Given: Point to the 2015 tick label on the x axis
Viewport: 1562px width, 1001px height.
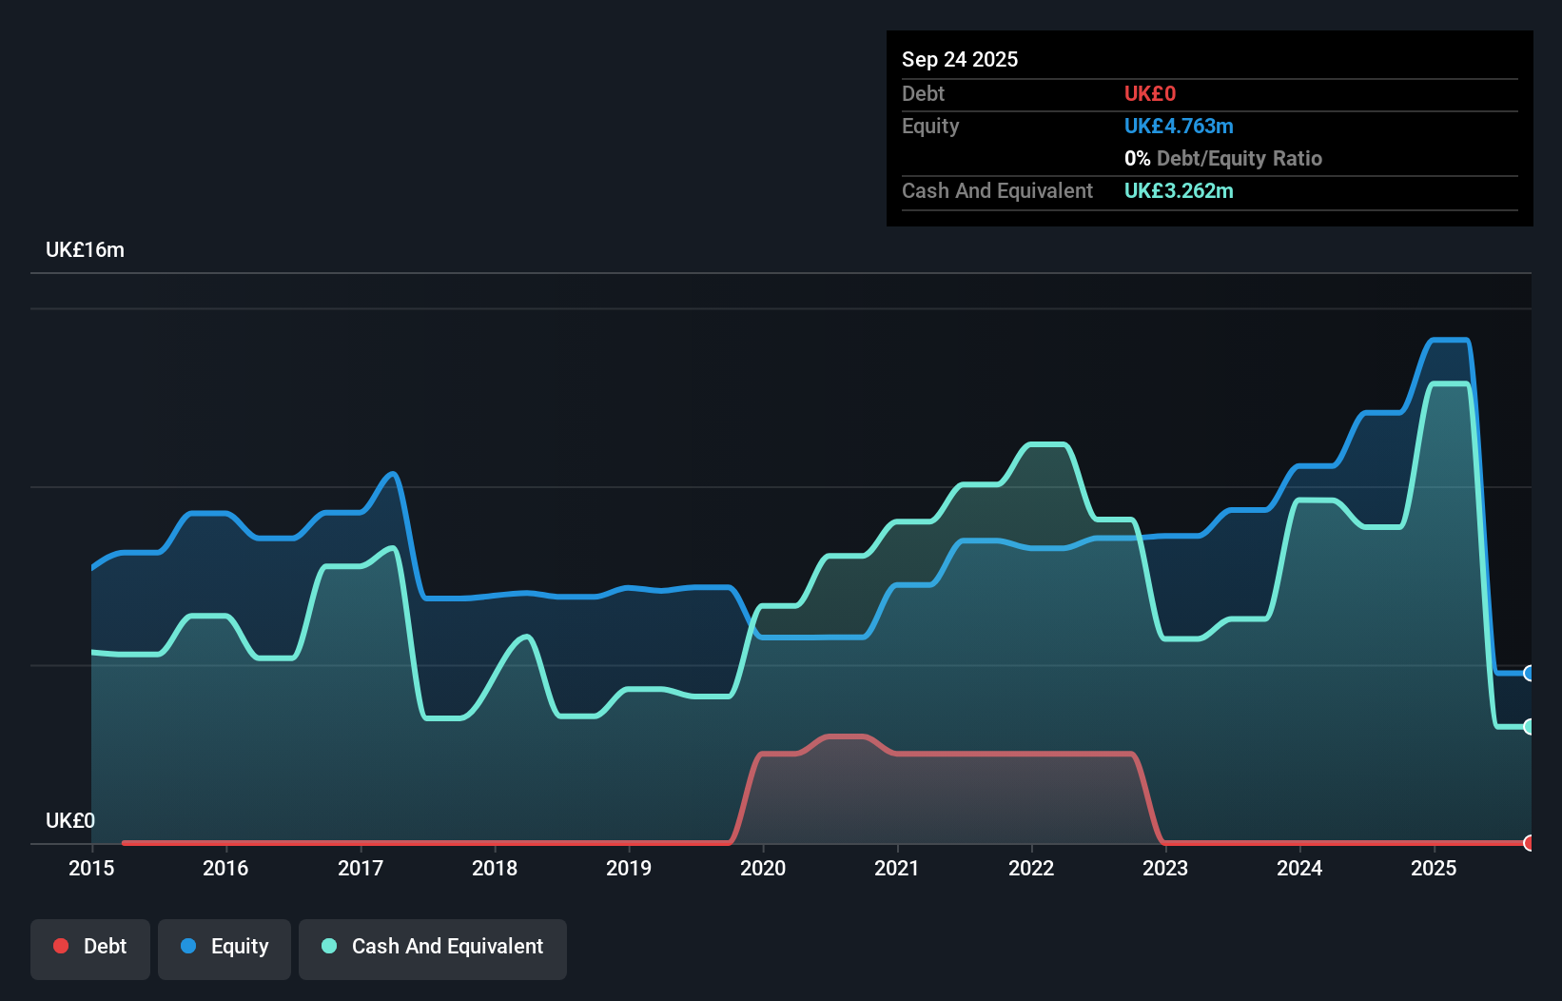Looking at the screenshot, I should coord(91,869).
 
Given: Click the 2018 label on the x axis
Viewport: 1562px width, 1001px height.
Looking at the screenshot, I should coord(495,869).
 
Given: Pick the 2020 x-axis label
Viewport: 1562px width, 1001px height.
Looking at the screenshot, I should coord(763,869).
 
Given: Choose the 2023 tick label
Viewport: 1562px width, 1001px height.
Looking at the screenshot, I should coord(1165,869).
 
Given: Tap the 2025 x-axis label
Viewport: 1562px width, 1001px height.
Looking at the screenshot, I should coord(1434,869).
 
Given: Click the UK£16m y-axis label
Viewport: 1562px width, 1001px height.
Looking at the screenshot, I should coord(85,250).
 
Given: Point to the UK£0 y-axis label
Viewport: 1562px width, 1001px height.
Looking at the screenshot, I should coord(70,821).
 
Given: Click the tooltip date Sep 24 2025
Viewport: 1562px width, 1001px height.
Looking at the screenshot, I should coord(960,60).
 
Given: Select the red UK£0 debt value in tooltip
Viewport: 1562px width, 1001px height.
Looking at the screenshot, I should coord(1150,94).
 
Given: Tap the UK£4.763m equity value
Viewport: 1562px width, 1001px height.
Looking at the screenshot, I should coord(1179,127).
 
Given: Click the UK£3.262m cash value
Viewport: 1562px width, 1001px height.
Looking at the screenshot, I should coord(1179,191).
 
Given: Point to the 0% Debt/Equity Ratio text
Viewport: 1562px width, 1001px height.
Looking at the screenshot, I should coord(1223,159).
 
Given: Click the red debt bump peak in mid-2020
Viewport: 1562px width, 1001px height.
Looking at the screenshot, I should coord(847,736).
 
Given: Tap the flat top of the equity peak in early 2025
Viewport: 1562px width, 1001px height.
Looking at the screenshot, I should coord(1450,340).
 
